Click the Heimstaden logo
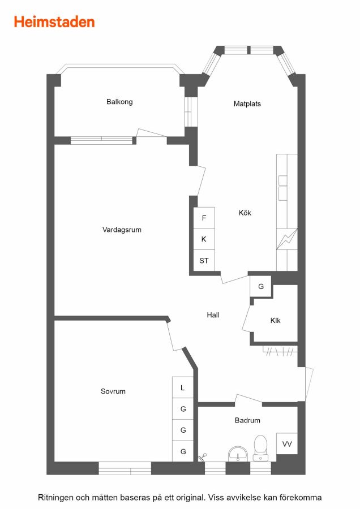tap(54, 22)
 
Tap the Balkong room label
tap(119, 102)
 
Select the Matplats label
tap(247, 104)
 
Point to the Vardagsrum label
tap(122, 230)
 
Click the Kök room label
tap(245, 213)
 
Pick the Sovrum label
tap(113, 391)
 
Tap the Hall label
tap(213, 315)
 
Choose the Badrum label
tap(247, 420)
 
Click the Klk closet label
tap(275, 321)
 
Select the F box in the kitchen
tap(204, 218)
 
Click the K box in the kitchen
tap(204, 239)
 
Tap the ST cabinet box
tap(204, 260)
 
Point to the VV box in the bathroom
tap(287, 444)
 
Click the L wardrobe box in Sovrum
tap(183, 387)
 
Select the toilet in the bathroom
tap(260, 448)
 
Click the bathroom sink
tap(238, 454)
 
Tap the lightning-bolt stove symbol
tap(287, 239)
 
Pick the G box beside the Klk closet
tap(260, 286)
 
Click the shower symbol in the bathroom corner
tap(203, 457)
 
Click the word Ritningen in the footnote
tap(55, 498)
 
